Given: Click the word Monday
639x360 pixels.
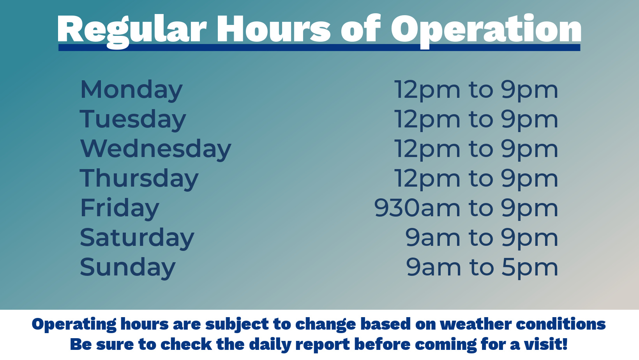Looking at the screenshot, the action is click(x=131, y=90).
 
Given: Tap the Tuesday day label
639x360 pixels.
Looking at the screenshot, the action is click(x=132, y=120).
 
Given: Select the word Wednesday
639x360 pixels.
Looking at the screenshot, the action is click(x=155, y=149).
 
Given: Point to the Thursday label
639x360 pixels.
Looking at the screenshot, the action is click(x=139, y=179).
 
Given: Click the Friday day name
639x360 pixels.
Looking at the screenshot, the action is click(x=120, y=208).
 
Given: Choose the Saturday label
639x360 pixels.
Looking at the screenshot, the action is click(x=137, y=238).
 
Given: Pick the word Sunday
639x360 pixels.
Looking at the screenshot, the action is click(x=127, y=268).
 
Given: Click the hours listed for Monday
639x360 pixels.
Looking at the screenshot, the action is click(x=476, y=90).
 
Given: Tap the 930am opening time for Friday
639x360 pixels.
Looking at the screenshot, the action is click(x=417, y=208).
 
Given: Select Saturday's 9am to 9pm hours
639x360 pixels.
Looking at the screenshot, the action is click(x=482, y=238).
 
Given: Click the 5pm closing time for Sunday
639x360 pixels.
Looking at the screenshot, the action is click(x=530, y=268).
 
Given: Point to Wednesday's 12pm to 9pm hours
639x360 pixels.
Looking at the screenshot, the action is click(x=476, y=149).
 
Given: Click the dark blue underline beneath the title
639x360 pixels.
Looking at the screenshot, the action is click(x=319, y=48).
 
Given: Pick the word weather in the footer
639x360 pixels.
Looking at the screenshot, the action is click(x=476, y=324).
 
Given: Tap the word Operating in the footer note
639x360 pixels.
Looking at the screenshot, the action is click(x=74, y=325).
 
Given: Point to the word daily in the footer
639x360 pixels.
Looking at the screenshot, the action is click(x=270, y=344).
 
